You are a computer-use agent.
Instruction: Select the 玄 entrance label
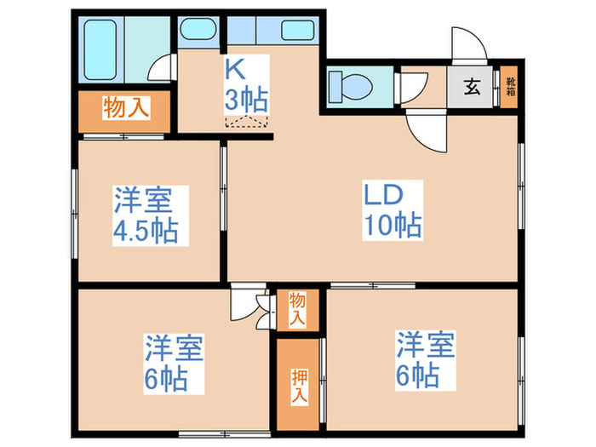[x=471, y=87]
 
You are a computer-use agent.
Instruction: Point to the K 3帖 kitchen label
[x=246, y=83]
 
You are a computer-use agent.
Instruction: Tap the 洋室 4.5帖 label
[x=146, y=216]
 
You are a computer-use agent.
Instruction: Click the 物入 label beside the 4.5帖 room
[x=127, y=108]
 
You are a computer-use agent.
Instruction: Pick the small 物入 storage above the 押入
[x=297, y=308]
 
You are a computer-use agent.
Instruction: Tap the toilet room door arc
[x=415, y=88]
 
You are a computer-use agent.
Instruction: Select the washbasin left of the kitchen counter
[x=201, y=30]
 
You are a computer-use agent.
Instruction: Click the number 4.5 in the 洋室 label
[x=136, y=232]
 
